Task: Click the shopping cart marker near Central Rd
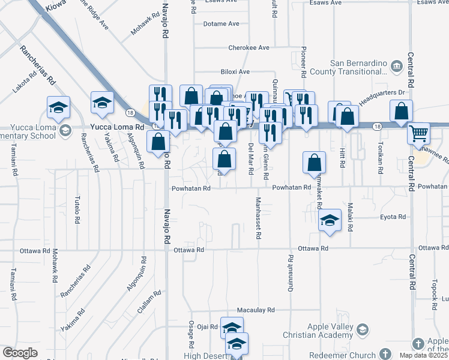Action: tap(418, 133)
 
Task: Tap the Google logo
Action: tap(20, 353)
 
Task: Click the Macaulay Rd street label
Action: tap(256, 310)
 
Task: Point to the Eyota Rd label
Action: tap(393, 217)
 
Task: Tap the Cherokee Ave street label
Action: tap(249, 47)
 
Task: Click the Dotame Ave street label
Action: tap(221, 24)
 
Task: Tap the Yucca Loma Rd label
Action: tap(118, 127)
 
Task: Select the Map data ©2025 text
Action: tap(420, 355)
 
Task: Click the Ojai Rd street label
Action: tap(206, 326)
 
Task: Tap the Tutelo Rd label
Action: tap(77, 210)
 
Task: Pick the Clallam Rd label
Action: tap(149, 301)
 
